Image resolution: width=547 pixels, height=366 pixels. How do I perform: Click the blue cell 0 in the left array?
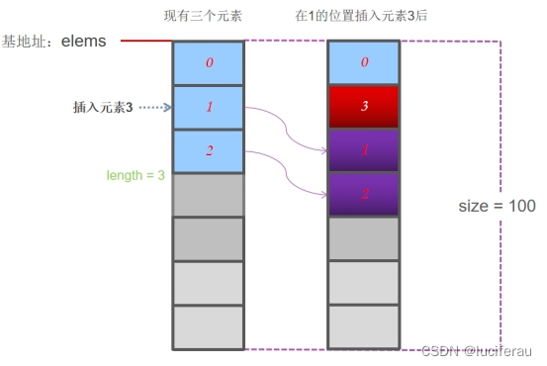tap(208, 63)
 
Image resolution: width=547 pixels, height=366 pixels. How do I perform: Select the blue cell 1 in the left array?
tap(208, 107)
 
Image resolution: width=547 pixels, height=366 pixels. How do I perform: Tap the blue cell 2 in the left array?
tap(208, 151)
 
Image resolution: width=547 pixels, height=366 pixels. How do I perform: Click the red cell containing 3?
tap(363, 107)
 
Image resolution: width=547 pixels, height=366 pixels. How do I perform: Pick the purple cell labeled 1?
tap(363, 151)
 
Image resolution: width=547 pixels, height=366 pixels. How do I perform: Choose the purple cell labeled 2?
tap(363, 195)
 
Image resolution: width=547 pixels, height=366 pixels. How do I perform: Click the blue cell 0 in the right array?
tap(363, 63)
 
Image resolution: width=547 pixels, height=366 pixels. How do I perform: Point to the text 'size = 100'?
tap(498, 206)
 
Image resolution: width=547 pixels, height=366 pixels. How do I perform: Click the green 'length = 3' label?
tap(136, 175)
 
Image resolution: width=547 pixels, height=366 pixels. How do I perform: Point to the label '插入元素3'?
tap(105, 106)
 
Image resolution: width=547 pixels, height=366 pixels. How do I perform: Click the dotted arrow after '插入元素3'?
tap(155, 106)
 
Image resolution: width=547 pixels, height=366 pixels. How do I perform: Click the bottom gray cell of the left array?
tap(208, 327)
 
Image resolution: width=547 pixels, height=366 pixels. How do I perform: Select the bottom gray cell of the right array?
tap(363, 327)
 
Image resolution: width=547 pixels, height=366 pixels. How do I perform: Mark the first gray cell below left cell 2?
tap(208, 195)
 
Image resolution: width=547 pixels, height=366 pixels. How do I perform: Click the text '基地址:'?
tap(29, 42)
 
